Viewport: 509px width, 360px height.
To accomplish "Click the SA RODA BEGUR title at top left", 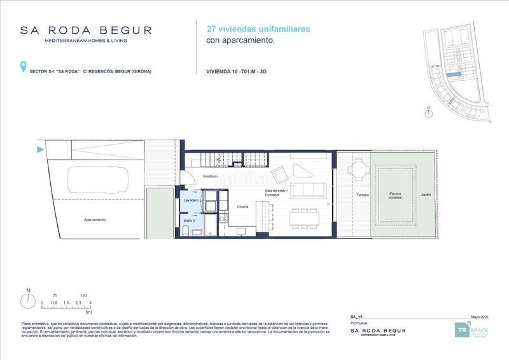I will point(86,30).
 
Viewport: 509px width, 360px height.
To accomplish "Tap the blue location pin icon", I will point(24,66).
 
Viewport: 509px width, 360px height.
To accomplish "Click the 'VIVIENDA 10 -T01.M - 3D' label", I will point(245,71).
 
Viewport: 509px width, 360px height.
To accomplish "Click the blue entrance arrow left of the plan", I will point(40,150).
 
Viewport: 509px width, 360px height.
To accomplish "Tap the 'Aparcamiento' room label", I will point(94,220).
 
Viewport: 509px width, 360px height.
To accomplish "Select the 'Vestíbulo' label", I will point(211,176).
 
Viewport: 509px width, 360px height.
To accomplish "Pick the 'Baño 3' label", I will point(190,220).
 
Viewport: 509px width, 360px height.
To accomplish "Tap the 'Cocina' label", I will point(242,207).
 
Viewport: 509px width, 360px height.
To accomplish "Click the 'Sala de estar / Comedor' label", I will point(277,193).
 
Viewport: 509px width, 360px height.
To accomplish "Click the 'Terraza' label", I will point(363,195).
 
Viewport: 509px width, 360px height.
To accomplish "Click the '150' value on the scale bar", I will point(83,296).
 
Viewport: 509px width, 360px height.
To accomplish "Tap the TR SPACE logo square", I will point(461,330).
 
